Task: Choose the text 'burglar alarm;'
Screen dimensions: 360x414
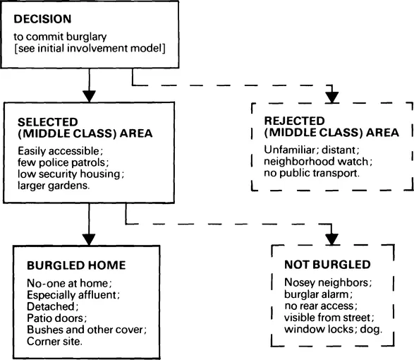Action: click(308, 294)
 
